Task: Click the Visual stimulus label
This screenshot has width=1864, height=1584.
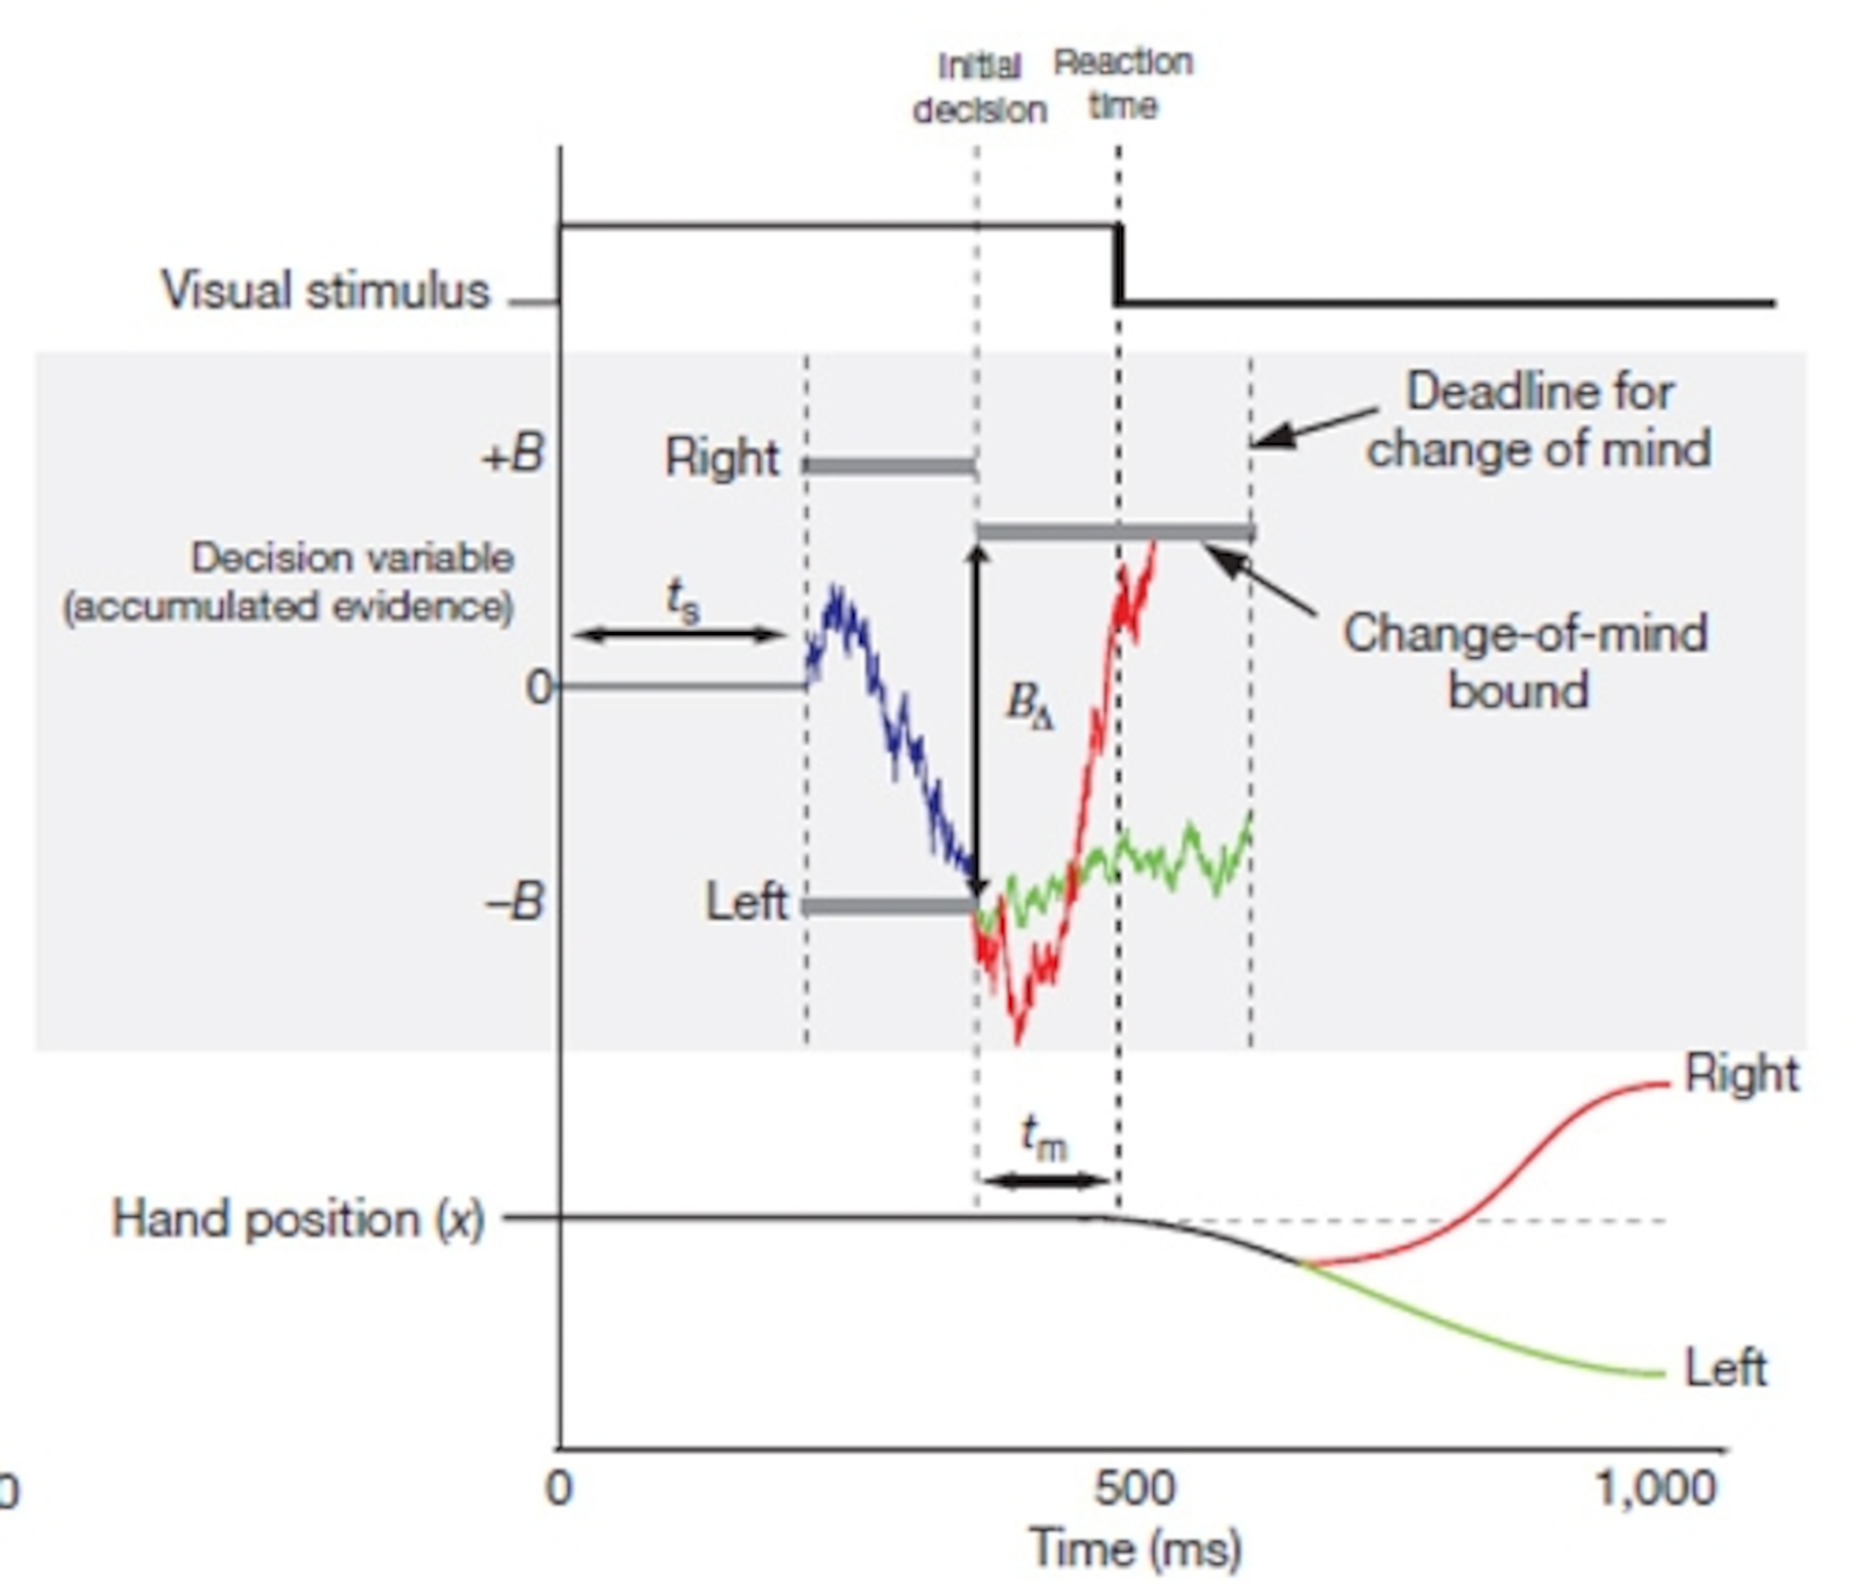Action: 326,291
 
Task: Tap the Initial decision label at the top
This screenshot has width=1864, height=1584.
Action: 979,88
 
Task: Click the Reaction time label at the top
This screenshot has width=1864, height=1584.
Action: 1123,84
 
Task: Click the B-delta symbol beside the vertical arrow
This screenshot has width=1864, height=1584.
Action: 1029,705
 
